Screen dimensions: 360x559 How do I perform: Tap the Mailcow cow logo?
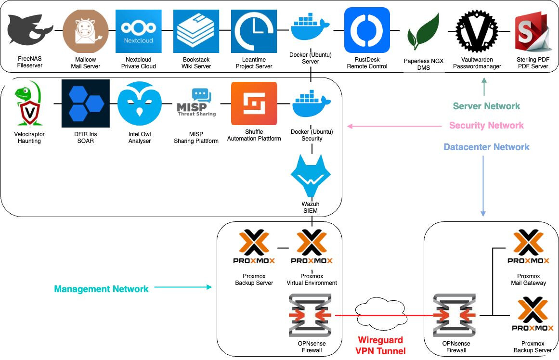point(86,31)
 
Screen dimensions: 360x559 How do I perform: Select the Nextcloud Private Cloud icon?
point(139,31)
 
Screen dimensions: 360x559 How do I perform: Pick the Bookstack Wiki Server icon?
point(196,31)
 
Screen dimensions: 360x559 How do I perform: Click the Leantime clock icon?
point(254,31)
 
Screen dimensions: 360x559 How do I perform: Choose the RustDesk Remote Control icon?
point(367,30)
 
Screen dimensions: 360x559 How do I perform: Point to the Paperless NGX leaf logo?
point(422,33)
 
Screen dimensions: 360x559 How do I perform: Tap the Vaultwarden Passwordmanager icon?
point(477,30)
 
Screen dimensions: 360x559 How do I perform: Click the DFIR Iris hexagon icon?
point(85,103)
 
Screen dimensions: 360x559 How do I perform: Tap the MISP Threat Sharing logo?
point(196,103)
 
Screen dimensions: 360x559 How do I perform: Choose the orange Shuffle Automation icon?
point(254,103)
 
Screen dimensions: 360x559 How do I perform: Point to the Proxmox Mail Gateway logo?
point(528,247)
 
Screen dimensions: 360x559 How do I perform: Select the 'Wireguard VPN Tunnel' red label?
point(380,346)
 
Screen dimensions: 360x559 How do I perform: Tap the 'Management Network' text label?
point(101,289)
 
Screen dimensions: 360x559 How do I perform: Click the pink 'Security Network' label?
point(486,126)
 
